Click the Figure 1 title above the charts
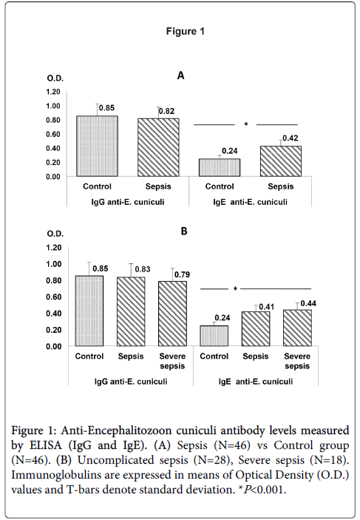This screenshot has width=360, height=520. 186,32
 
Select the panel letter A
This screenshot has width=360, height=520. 180,76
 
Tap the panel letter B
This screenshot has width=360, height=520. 184,231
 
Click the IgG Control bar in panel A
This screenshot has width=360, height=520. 97,146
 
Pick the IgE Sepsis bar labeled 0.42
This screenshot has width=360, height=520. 281,161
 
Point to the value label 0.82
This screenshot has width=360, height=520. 166,111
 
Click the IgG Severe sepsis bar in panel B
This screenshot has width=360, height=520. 172,314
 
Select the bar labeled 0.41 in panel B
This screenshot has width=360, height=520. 256,329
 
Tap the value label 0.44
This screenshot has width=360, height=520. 308,303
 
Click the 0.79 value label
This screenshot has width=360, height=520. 183,274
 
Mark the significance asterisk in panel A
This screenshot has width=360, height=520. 246,124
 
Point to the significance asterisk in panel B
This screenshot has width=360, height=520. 235,289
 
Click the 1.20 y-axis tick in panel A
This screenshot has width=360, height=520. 53,92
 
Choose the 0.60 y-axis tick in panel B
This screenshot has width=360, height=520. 53,297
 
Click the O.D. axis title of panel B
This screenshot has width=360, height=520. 55,234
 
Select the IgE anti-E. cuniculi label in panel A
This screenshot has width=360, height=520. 251,202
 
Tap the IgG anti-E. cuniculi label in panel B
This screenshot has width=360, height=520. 131,382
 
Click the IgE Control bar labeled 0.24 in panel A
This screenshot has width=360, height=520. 220,167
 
